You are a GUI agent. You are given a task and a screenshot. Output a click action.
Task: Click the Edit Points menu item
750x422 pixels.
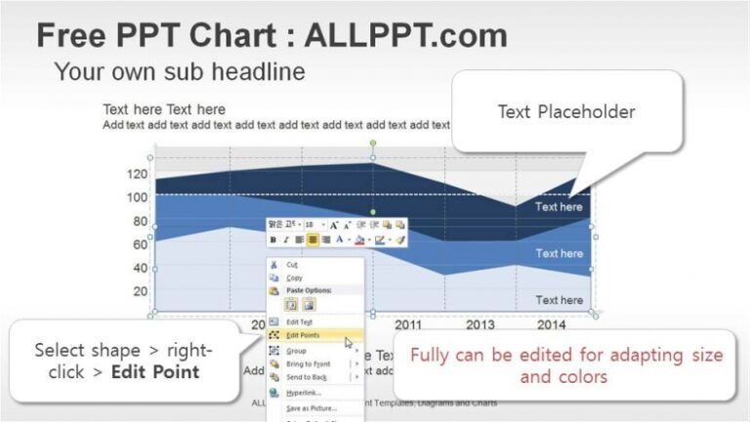pos(302,335)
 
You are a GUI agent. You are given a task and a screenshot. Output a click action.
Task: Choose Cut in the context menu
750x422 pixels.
pos(293,264)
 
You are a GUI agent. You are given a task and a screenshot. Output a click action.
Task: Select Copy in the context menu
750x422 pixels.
pos(294,277)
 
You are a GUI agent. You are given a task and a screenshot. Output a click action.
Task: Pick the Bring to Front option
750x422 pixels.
pos(307,363)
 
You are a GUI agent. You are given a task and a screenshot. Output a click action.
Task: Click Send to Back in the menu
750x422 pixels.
pos(306,376)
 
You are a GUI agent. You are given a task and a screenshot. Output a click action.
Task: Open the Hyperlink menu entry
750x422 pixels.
pos(303,392)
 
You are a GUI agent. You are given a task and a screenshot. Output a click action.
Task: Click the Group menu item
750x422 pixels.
pos(296,350)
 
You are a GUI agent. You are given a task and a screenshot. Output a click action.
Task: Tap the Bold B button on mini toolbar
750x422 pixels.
pos(273,239)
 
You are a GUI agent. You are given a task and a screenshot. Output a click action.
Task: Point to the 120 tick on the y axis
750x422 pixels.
pos(137,174)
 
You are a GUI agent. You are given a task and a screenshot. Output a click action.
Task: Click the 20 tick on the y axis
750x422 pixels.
pos(140,291)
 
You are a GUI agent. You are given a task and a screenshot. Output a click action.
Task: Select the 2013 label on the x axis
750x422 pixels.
pos(479,324)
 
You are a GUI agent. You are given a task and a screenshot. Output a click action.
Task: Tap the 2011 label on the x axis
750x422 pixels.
pos(407,324)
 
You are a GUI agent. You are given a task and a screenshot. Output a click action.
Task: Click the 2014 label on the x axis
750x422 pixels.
pos(551,324)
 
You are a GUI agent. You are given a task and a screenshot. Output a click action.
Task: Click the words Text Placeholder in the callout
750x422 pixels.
pos(566,111)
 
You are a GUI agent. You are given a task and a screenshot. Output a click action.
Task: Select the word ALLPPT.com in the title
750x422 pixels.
pos(406,36)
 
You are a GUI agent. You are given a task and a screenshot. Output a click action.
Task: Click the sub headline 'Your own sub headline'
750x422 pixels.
pos(180,70)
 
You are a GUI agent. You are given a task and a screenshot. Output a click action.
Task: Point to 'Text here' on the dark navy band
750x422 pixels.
pos(559,207)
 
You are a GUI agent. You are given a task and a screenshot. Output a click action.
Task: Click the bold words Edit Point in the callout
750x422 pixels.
pos(155,371)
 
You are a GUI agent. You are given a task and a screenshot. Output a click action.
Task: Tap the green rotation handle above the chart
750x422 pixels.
pos(372,144)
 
